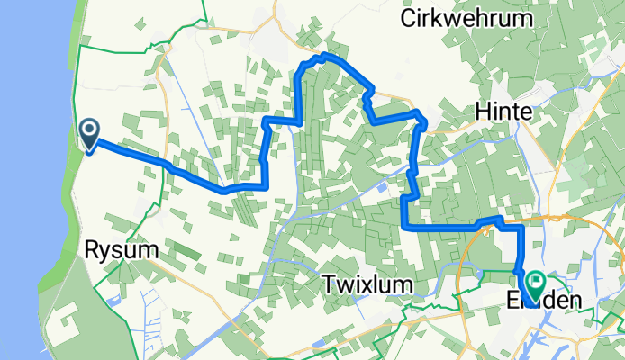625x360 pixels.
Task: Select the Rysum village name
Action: (x=116, y=250)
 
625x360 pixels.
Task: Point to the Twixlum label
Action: (x=367, y=285)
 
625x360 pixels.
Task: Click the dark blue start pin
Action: (x=90, y=135)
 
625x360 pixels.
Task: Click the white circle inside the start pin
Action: (x=90, y=131)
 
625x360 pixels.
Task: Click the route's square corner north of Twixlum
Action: (x=404, y=227)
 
